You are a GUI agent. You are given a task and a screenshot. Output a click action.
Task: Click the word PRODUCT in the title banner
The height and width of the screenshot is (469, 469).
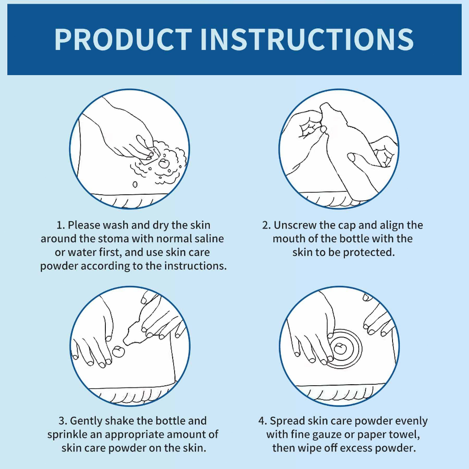tap(123, 39)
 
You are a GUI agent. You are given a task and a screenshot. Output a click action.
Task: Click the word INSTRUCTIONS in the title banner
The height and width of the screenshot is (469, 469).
tap(307, 39)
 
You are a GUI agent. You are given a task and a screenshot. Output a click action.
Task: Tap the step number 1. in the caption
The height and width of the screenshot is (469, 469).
tap(61, 225)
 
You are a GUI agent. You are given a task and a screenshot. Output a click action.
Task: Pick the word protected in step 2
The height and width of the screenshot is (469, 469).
tap(369, 252)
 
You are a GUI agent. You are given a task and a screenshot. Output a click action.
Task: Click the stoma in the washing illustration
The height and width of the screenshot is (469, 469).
tap(164, 163)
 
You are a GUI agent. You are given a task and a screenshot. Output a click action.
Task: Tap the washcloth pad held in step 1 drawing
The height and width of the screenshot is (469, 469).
tap(149, 156)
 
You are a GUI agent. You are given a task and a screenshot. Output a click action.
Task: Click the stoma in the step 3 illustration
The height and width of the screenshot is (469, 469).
tap(118, 351)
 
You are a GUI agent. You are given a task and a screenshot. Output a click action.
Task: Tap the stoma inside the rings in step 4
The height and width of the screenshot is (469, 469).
tap(340, 348)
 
